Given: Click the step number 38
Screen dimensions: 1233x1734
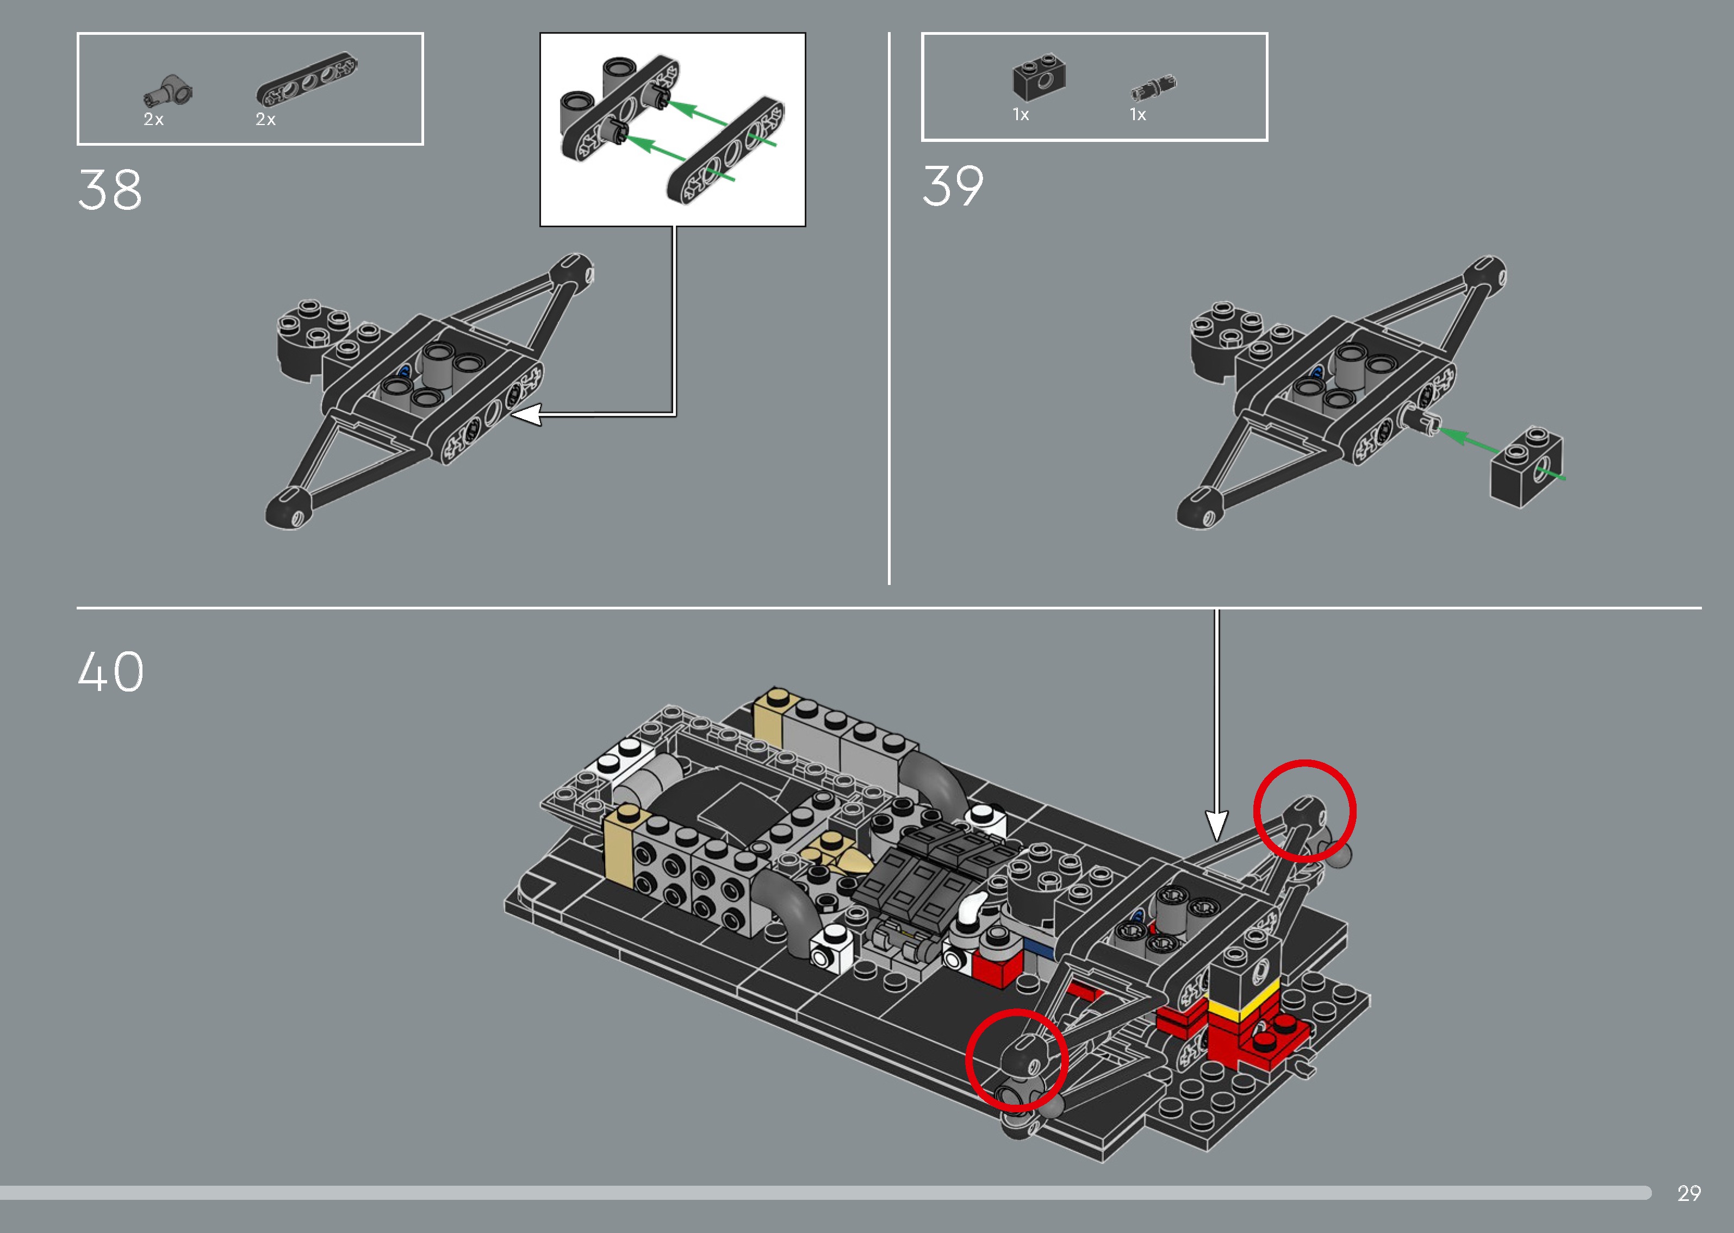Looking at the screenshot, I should (110, 190).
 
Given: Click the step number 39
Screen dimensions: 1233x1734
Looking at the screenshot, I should (953, 187).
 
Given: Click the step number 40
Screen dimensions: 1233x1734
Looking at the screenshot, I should (111, 672).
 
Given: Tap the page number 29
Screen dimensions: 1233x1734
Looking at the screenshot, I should (1688, 1193).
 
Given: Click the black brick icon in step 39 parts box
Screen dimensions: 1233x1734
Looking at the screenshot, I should (1039, 77).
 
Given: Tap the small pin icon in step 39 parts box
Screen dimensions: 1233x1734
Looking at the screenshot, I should (1152, 88).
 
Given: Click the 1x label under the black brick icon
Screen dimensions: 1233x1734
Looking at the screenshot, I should (1021, 115).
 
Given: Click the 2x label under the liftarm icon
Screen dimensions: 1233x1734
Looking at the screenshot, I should (265, 119).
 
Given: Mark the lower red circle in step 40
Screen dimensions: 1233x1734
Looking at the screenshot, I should (1017, 1060).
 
